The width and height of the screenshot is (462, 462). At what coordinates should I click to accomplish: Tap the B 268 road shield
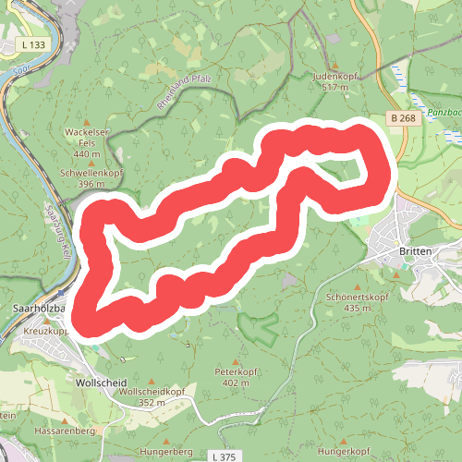tap(401, 118)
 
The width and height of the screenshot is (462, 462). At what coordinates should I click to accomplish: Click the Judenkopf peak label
tap(334, 76)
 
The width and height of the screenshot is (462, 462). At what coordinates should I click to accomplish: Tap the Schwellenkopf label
tap(92, 173)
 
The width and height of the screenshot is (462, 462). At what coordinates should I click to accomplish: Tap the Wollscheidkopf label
tap(142, 392)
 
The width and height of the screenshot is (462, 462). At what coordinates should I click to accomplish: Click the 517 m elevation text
tap(334, 87)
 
